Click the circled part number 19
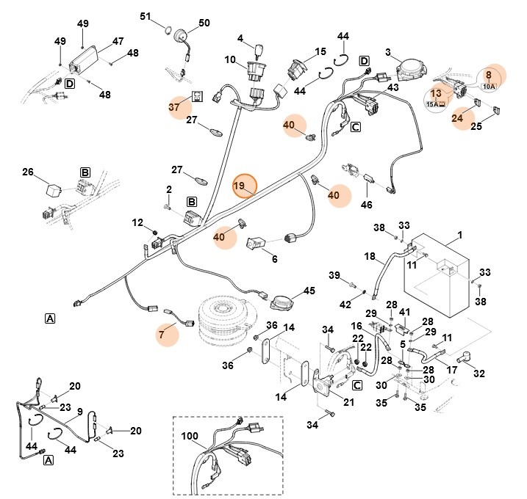(x=243, y=186)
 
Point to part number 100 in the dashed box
(x=190, y=436)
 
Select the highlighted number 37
(x=173, y=107)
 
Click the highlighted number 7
(x=161, y=335)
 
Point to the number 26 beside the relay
(x=28, y=173)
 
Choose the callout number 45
(x=309, y=291)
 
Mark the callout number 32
(x=479, y=374)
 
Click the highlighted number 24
(x=457, y=117)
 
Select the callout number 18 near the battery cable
(x=369, y=256)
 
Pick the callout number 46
(x=366, y=205)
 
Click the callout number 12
(x=137, y=222)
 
